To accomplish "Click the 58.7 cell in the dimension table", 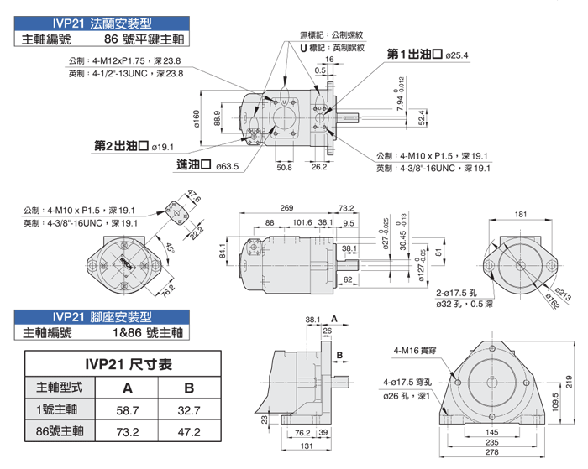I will click(127, 410).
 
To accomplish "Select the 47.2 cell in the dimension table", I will click(190, 432).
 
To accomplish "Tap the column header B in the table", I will click(190, 388).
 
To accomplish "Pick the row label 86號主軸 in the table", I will click(61, 432).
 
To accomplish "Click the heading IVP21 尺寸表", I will click(129, 365).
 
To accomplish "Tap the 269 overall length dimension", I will click(286, 208).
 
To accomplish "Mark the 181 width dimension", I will click(521, 216).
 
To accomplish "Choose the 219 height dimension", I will click(568, 381).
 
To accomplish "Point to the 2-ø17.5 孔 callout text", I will click(458, 294).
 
